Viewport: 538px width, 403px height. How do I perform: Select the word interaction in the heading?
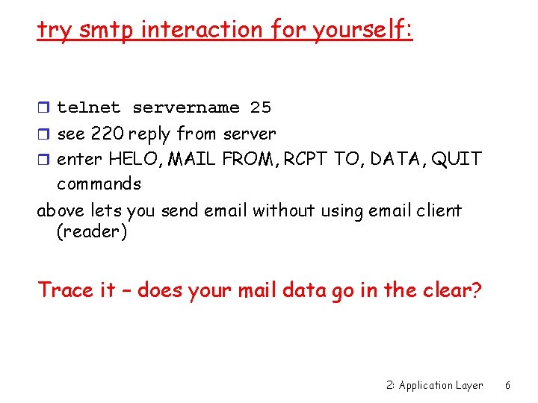(x=202, y=30)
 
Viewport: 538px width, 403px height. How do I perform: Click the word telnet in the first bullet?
(x=89, y=107)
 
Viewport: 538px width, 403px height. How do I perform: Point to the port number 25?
(x=261, y=107)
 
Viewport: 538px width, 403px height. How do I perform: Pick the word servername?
(x=186, y=107)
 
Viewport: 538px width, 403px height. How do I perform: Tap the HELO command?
(x=132, y=159)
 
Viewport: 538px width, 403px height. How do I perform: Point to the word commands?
(x=99, y=184)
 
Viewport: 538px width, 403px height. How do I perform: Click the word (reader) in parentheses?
(x=92, y=232)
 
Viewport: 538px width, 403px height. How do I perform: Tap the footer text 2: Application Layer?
(x=435, y=385)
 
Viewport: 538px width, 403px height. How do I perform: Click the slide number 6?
(x=507, y=385)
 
